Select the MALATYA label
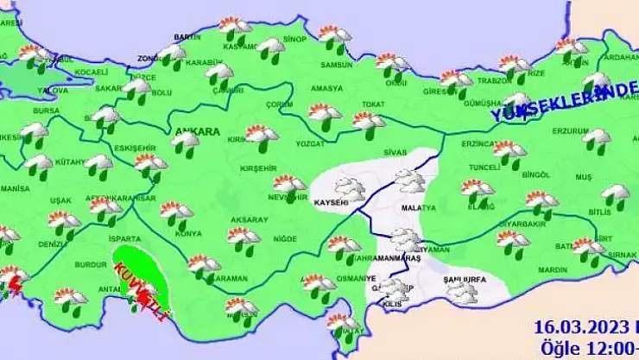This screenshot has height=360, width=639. [414, 209]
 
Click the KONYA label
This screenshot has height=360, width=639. [188, 234]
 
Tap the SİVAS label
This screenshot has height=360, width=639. [395, 152]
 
